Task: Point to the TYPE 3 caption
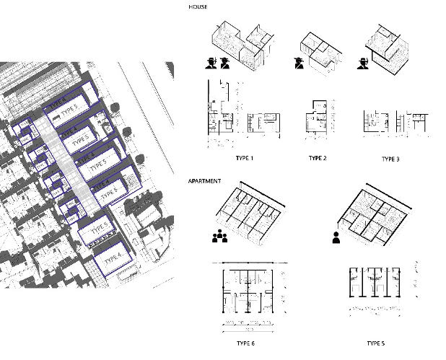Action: tap(390, 158)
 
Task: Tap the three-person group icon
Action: tap(219, 235)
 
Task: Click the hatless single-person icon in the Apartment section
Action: tap(336, 237)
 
